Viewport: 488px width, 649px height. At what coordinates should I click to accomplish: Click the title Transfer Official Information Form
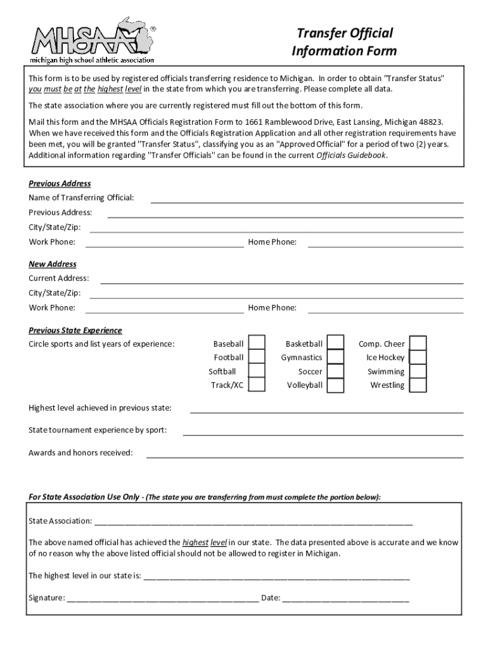(344, 42)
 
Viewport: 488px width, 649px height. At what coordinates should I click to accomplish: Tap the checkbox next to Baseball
(256, 344)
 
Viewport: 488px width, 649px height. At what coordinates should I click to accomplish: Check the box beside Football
(256, 357)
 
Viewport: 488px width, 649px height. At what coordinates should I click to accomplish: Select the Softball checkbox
(256, 371)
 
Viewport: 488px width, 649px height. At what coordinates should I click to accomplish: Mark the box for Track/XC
(256, 385)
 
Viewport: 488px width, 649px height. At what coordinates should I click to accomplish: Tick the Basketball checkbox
(335, 344)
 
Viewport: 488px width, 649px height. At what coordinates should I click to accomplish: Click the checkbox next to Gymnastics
(335, 357)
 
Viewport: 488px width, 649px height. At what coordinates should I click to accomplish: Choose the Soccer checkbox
(335, 371)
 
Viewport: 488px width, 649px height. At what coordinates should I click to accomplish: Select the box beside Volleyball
(335, 385)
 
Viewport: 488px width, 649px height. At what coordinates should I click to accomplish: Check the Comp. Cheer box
(418, 344)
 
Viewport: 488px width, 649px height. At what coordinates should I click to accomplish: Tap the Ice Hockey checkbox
(418, 357)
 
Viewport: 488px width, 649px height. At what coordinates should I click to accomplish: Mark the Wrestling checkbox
(418, 385)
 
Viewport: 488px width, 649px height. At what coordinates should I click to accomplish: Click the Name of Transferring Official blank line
(306, 199)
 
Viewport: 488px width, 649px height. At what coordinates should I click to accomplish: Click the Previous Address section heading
(60, 184)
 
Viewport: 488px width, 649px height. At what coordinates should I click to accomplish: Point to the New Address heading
(53, 264)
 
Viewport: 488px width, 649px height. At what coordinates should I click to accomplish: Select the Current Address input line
(281, 280)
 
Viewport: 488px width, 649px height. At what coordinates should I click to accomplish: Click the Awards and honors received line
(305, 454)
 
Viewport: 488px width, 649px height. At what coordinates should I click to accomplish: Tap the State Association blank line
(254, 522)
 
